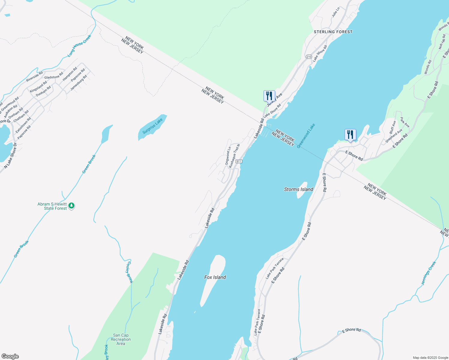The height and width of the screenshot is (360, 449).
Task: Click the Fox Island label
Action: (x=215, y=277)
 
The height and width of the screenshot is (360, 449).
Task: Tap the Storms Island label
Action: (x=299, y=189)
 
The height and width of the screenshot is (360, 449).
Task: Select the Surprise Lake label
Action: (x=152, y=126)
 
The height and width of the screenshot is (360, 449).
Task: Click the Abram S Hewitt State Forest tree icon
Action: (x=71, y=206)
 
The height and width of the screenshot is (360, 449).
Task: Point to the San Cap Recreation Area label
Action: (x=121, y=339)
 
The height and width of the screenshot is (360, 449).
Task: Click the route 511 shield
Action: (x=239, y=161)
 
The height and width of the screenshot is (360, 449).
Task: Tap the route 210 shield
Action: (x=309, y=57)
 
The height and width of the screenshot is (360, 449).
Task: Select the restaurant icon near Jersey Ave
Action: (x=269, y=96)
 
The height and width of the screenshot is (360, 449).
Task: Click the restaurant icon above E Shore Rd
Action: (x=350, y=135)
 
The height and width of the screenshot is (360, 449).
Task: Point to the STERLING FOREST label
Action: (x=333, y=32)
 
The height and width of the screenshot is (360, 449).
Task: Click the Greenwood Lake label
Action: (x=306, y=136)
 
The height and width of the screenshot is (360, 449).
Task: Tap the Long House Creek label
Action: (x=79, y=46)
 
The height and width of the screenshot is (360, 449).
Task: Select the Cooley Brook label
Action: (x=129, y=272)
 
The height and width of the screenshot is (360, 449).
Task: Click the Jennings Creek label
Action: (x=428, y=273)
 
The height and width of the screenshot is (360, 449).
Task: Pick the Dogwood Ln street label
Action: (x=228, y=155)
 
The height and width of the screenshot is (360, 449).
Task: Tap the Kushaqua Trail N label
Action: (x=234, y=156)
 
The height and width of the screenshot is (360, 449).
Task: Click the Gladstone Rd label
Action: (x=54, y=76)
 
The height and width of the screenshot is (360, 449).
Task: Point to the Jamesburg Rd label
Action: (x=79, y=83)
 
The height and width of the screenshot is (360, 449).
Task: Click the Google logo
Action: (x=10, y=356)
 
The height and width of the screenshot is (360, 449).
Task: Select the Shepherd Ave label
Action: (x=394, y=136)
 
